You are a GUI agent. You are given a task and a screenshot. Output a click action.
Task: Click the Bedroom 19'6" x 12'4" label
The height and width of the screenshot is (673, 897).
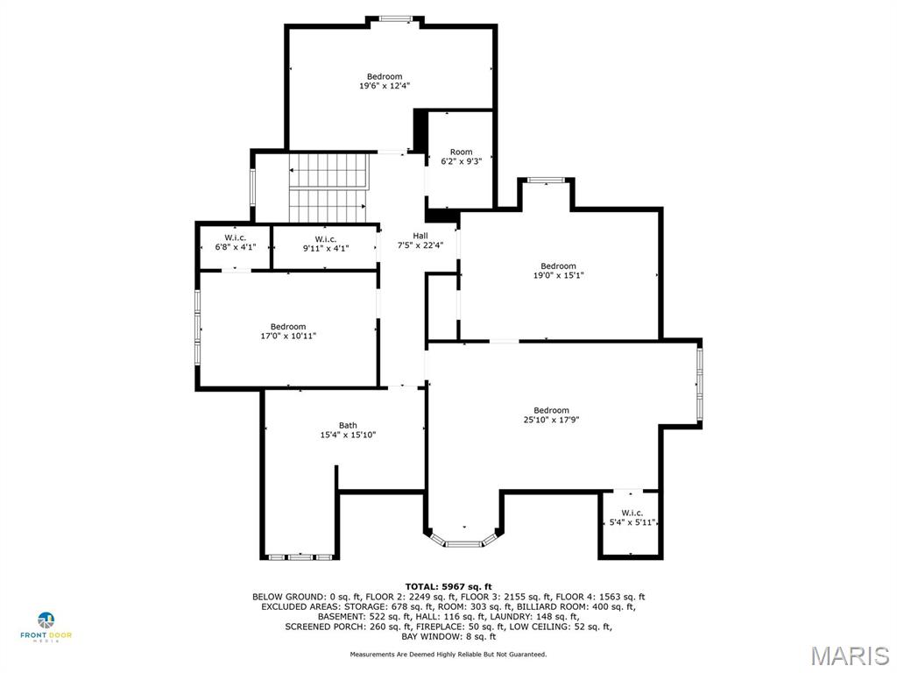(385, 81)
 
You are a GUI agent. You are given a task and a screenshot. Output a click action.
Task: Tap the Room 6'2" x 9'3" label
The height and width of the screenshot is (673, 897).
(461, 157)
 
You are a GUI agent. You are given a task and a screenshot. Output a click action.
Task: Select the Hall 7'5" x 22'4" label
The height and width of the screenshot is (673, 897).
(420, 241)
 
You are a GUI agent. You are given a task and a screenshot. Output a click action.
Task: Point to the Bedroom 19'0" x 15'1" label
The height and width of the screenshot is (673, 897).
(558, 271)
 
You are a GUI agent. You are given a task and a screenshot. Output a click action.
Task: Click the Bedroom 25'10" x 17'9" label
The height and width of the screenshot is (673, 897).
(551, 415)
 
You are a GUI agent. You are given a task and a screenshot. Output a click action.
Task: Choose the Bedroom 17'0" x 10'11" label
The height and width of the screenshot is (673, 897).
(287, 331)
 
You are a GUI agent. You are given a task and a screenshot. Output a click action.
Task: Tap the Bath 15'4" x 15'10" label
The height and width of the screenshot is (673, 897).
(348, 430)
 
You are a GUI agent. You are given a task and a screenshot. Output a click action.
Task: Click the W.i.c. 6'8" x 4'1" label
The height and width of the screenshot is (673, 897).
(234, 243)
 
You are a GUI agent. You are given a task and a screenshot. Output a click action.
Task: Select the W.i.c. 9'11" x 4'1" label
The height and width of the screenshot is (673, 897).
(325, 244)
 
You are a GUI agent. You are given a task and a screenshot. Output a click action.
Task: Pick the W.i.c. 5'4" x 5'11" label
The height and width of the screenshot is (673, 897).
(632, 518)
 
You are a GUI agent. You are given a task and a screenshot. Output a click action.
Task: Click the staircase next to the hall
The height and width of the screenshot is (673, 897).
(328, 188)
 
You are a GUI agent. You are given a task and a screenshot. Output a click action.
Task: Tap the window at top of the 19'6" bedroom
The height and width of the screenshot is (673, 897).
(397, 18)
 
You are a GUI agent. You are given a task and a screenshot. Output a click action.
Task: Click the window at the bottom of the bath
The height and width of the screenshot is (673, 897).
(300, 556)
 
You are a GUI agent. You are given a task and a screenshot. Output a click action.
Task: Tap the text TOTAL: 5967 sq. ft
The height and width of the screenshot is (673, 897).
(448, 586)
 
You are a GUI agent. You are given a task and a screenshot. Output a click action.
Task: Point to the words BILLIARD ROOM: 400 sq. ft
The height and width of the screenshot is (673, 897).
(588, 606)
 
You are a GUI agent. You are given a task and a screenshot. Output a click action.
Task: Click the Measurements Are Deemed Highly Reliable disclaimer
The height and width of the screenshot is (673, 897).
(448, 655)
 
